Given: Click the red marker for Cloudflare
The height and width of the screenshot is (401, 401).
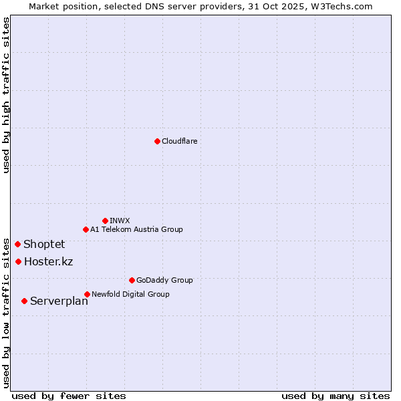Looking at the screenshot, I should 157,141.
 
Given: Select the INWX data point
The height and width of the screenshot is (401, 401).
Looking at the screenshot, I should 105,221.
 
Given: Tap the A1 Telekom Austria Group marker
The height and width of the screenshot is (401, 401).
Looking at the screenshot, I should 86,229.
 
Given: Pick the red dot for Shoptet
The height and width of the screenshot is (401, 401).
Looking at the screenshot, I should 17,244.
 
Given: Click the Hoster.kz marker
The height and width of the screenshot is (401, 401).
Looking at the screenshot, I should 18,261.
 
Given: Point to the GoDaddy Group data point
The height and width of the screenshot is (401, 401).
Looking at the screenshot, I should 132,280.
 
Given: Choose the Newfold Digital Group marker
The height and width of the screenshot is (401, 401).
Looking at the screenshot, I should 87,294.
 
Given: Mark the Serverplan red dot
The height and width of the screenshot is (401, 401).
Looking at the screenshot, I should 24,301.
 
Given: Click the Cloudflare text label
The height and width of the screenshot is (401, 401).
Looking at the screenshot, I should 180,141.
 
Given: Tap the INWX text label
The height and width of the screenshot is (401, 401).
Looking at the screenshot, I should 120,221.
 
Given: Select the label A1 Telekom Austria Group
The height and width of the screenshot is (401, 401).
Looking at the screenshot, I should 136,229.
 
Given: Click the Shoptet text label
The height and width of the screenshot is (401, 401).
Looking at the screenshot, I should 44,244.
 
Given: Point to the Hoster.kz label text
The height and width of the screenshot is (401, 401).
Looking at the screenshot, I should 48,261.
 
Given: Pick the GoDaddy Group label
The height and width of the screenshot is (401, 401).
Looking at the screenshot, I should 164,280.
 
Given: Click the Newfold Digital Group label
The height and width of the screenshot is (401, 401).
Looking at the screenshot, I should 130,294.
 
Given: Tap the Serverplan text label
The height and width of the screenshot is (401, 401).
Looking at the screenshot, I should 59,301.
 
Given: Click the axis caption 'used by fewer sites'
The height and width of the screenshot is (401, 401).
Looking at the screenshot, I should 69,396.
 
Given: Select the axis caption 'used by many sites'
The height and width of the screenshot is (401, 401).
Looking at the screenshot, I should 336,396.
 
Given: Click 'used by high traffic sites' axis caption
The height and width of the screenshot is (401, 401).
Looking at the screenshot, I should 7,95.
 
